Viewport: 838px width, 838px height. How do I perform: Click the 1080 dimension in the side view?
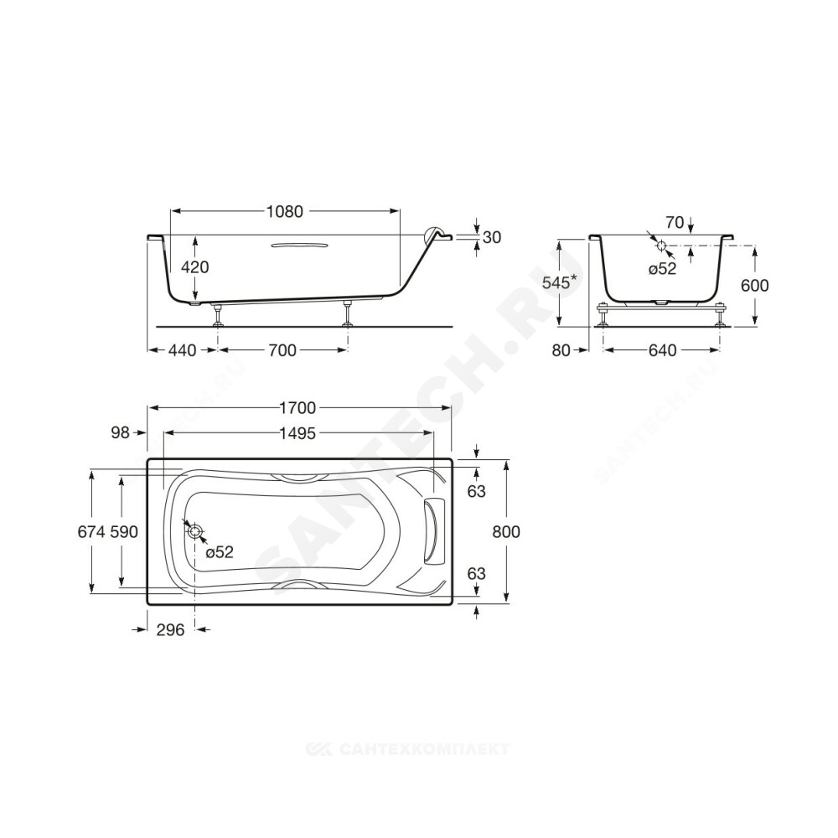(285, 212)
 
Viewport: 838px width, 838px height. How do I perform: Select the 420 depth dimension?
(195, 266)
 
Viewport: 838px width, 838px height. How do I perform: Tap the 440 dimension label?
(182, 350)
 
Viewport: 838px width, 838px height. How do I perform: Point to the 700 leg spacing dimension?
(282, 350)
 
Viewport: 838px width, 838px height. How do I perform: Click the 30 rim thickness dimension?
(492, 237)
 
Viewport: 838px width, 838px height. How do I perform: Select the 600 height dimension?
(755, 286)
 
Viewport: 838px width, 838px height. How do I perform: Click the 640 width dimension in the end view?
(663, 350)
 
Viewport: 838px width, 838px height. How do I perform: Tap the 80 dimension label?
(561, 350)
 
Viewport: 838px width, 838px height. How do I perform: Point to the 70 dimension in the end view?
(675, 222)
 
